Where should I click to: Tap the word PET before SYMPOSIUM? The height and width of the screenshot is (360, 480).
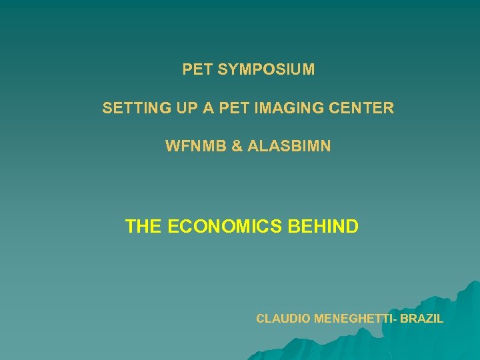[x=197, y=69]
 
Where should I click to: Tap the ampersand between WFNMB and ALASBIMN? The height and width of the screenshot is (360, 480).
[x=237, y=145]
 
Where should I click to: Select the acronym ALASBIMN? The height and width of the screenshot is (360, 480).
[x=289, y=145]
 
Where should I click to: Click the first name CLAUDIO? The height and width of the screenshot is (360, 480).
[x=283, y=319]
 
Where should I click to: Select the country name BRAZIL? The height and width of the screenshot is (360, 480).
[x=421, y=319]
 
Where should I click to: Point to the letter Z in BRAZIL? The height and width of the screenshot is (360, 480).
[x=429, y=319]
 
